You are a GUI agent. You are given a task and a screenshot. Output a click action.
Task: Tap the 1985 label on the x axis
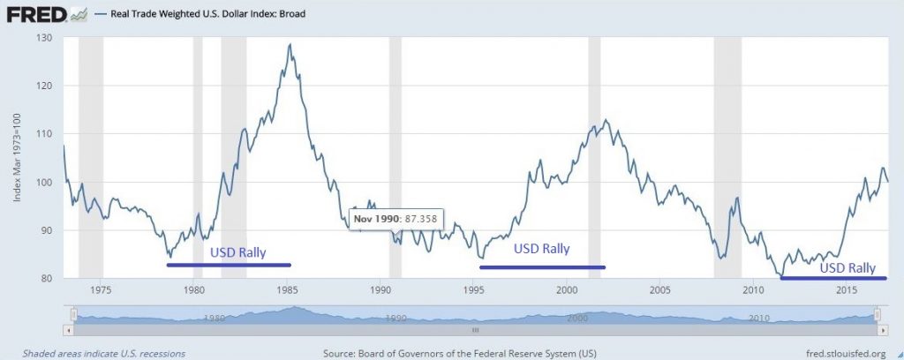pos(287,290)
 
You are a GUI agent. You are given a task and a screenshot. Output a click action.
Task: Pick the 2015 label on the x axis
pos(847,290)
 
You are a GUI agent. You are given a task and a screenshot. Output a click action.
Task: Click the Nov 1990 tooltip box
pos(396,217)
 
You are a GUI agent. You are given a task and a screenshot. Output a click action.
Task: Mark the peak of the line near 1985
pos(290,45)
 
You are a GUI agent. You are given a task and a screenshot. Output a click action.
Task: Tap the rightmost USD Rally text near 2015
pos(847,267)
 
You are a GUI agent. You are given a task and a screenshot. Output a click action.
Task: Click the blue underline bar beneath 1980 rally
pos(228,265)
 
